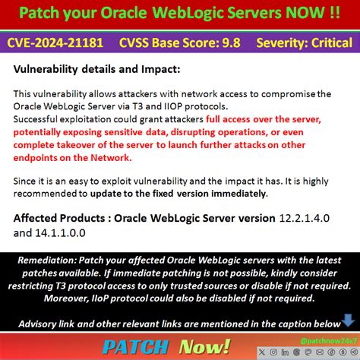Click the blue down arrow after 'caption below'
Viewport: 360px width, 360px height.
coord(348,322)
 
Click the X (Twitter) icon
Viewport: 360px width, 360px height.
coord(261,352)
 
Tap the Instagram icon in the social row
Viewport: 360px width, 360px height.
coord(271,352)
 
